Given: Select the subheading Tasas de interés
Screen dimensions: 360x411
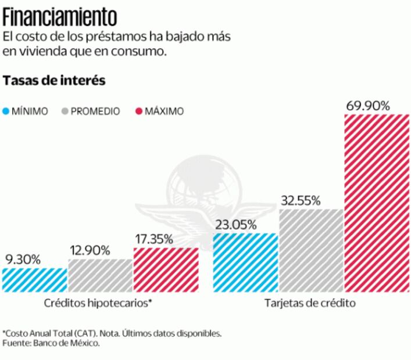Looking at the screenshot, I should (54, 81).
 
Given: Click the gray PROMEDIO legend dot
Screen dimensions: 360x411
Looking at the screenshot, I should (65, 111).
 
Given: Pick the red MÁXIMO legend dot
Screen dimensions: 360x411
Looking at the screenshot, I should (138, 111).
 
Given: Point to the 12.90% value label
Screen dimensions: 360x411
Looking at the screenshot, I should (90, 251).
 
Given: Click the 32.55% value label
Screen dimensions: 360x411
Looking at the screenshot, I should (301, 201).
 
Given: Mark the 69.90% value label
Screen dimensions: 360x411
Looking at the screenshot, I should (367, 106).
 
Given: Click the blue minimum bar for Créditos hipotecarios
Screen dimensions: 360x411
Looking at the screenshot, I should (34, 279).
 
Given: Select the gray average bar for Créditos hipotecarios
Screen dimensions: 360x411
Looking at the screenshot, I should (100, 275).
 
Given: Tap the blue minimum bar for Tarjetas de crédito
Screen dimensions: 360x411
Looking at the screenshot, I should (245, 262).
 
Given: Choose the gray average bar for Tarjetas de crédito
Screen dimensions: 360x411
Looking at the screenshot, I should (311, 250).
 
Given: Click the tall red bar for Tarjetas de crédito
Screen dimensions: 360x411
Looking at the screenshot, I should (377, 203).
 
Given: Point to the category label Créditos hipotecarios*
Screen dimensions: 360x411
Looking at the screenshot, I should (98, 303).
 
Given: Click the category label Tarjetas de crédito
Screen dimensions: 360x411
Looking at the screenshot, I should (310, 303).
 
